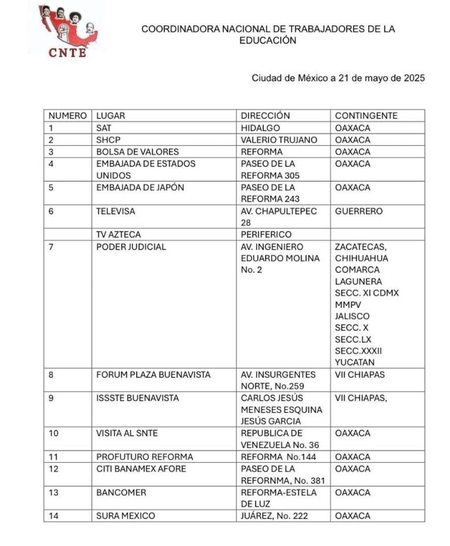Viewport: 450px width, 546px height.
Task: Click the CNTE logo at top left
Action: pos(66,30)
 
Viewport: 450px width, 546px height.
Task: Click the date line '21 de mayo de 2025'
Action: pos(338,78)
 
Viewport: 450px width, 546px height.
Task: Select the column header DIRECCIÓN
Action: pos(265,115)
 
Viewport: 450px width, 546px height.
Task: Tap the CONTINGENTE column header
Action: pos(366,115)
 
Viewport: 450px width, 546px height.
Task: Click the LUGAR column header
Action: pos(111,115)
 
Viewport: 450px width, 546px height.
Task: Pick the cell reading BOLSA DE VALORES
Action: pos(137,152)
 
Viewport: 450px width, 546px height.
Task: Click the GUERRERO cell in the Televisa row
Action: pos(359,211)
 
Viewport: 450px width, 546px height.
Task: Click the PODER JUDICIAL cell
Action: pos(131,247)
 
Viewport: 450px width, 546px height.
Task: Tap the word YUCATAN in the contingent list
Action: pos(354,362)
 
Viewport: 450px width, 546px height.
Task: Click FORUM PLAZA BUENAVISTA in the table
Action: pos(153,374)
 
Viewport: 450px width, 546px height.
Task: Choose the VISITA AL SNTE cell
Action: pos(127,433)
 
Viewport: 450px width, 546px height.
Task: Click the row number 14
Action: pos(53,516)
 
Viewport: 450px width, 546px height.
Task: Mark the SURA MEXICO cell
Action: pos(125,516)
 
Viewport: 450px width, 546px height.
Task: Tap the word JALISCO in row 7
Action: pos(352,316)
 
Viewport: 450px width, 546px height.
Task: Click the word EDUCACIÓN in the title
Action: pos(268,40)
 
